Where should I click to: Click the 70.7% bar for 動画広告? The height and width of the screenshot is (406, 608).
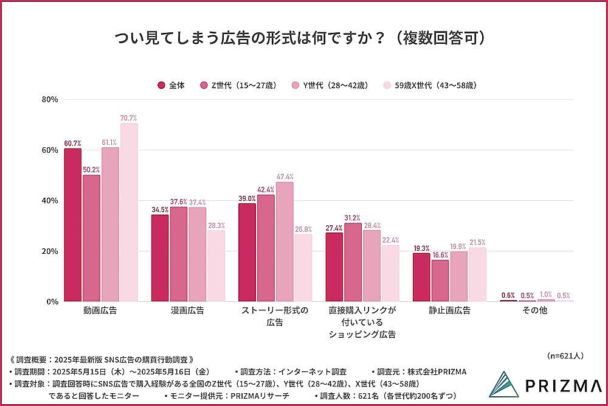129,212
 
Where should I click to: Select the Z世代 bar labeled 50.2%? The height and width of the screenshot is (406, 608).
92,238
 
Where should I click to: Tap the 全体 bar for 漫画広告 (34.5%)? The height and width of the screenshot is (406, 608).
160,258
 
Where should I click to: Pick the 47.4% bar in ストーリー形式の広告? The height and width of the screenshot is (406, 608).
285,242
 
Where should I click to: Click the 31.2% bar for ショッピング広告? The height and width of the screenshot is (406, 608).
353,262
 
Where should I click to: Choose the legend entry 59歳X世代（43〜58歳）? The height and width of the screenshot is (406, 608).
430,85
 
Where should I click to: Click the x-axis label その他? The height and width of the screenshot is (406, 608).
535,310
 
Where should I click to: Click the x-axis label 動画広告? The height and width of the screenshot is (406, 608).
101,310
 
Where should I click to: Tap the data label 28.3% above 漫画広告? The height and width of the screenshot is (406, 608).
216,225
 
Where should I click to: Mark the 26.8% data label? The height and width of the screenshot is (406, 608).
303,229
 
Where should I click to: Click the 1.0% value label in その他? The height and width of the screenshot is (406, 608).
547,295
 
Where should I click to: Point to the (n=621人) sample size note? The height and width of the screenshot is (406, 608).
565,355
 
